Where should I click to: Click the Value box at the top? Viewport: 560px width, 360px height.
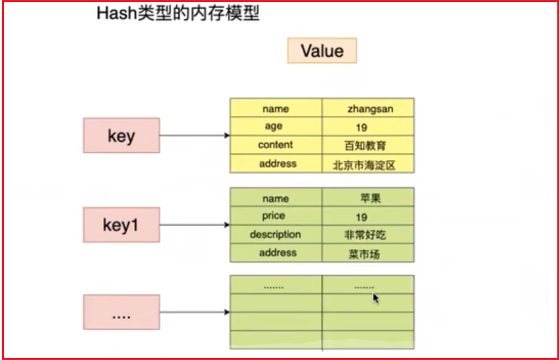pos(322,50)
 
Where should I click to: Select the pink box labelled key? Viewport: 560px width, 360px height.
pos(121,136)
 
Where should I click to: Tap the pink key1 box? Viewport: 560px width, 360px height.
pos(121,224)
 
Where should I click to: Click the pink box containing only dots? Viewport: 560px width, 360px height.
pos(121,312)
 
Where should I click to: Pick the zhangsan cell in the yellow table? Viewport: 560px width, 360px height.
pos(368,108)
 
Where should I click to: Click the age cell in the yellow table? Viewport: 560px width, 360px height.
pos(276,126)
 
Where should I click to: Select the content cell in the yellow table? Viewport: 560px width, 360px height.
pos(276,145)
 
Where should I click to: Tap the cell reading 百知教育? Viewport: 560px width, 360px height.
pos(368,145)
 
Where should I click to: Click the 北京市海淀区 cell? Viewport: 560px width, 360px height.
pos(368,164)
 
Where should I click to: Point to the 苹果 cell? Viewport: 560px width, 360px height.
pos(368,197)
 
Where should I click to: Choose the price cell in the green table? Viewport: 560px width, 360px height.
pos(276,215)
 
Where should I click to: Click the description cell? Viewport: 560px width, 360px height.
pos(276,235)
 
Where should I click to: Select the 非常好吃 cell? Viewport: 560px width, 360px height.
pos(368,235)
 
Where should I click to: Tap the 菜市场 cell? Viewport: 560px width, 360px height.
pos(368,253)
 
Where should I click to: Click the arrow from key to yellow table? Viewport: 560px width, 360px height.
pos(194,136)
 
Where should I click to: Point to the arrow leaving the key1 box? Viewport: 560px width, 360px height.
pos(194,224)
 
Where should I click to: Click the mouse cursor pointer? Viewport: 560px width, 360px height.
pos(376,299)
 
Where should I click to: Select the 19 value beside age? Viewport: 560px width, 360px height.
pos(362,127)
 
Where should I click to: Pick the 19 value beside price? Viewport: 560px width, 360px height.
pos(362,217)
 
